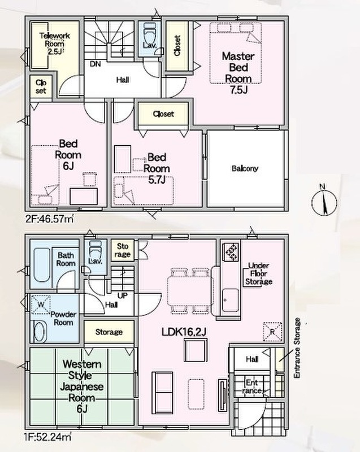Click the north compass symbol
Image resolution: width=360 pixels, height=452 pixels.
pos(324,201)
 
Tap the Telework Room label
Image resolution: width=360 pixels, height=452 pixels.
pos(54,44)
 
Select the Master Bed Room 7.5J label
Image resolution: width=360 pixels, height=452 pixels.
pos(238,73)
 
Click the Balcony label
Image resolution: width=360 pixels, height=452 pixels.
pos(245,168)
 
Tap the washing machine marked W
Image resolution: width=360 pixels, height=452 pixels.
pos(41,305)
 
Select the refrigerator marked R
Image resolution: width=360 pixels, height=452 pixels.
pos(272,332)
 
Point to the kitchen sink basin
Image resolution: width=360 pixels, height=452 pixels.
pos(231,300)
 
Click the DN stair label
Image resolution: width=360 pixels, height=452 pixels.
pos(95,64)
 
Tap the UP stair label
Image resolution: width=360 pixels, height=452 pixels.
pos(123,296)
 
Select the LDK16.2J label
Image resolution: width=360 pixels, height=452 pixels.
pos(184,332)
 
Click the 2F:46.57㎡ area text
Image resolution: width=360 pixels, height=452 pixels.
pos(49,219)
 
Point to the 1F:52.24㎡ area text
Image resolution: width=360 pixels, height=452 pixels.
pos(48,437)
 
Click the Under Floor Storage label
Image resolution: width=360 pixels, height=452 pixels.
pos(258,273)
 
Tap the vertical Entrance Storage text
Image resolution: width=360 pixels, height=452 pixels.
pos(297,348)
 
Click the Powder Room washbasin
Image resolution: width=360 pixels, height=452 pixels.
pos(40,332)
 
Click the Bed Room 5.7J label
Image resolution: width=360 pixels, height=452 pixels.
pos(157,168)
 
